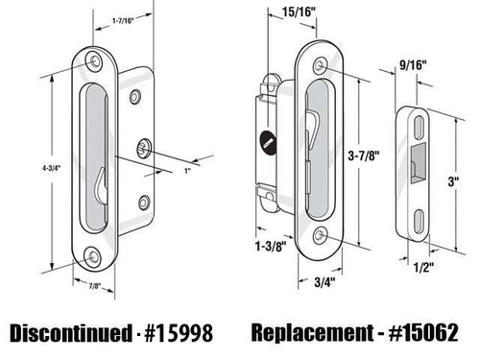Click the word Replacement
307,332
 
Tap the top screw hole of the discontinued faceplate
96,60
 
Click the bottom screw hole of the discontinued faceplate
94,256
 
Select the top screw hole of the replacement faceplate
321,65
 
